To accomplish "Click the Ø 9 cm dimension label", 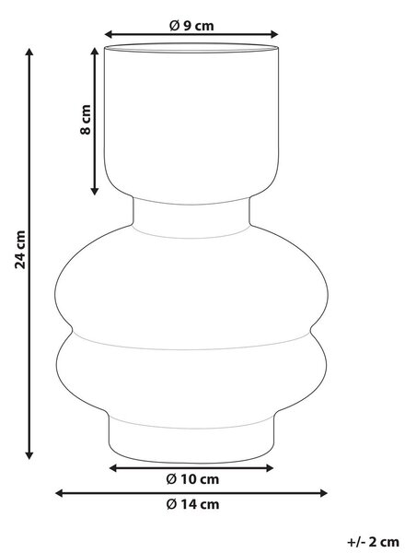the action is point(191,26).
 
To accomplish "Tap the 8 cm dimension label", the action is point(86,120).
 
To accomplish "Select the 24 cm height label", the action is point(20,250).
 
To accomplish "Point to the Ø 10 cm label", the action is point(192,479).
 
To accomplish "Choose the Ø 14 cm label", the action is point(192,504).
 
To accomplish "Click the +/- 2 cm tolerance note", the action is point(374,541).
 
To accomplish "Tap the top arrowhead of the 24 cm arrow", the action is point(29,52).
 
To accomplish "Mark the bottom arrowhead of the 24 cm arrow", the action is point(29,455).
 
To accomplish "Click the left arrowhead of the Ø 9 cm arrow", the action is point(109,34).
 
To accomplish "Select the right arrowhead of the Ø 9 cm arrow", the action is point(274,34).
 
